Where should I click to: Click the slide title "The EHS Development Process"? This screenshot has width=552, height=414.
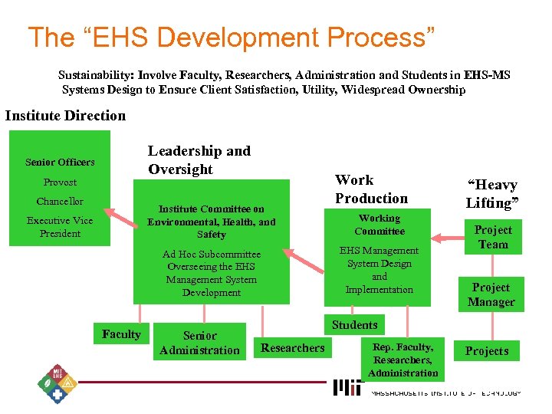pyautogui.click(x=232, y=38)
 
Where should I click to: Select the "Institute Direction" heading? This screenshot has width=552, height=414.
pyautogui.click(x=65, y=116)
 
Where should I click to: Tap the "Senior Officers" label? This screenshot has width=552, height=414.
pyautogui.click(x=60, y=162)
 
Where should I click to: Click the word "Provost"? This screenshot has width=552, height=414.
pyautogui.click(x=60, y=182)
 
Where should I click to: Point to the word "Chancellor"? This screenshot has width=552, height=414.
pyautogui.click(x=60, y=202)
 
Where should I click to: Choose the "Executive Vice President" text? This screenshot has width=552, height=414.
pyautogui.click(x=60, y=227)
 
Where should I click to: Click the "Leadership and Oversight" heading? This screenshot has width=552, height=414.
pyautogui.click(x=199, y=160)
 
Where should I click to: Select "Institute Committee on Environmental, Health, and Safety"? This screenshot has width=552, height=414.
pyautogui.click(x=212, y=222)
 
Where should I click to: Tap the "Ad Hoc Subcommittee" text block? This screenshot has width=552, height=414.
pyautogui.click(x=212, y=273)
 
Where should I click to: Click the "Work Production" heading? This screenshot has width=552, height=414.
pyautogui.click(x=371, y=189)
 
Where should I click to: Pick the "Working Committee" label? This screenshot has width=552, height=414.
pyautogui.click(x=379, y=225)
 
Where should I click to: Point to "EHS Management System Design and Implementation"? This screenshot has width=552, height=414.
pyautogui.click(x=379, y=270)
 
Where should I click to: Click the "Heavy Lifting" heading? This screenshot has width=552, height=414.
pyautogui.click(x=491, y=194)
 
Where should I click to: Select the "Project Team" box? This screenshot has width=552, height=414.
pyautogui.click(x=493, y=237)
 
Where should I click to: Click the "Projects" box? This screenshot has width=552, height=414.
pyautogui.click(x=487, y=351)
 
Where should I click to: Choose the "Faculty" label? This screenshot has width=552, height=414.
pyautogui.click(x=121, y=334)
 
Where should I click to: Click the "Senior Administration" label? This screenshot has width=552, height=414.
pyautogui.click(x=199, y=343)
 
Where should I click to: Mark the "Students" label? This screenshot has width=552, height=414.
pyautogui.click(x=354, y=325)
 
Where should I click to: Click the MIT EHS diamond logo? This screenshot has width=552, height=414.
pyautogui.click(x=58, y=380)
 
